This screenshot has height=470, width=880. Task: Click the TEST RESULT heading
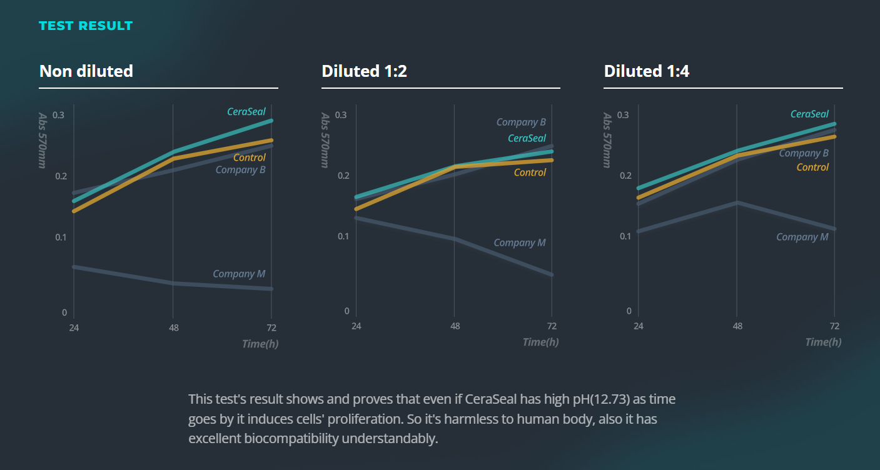[86, 26]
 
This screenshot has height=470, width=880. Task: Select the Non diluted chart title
[86, 71]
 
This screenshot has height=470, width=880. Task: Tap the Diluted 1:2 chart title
[364, 71]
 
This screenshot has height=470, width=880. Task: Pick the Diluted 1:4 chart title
[647, 71]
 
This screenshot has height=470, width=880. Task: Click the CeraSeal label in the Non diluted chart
[246, 112]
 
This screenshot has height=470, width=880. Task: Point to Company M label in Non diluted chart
[239, 274]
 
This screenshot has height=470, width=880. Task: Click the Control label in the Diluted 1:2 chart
[530, 172]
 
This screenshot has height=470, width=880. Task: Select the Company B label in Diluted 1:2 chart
[521, 122]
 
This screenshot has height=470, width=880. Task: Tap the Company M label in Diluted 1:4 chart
[802, 237]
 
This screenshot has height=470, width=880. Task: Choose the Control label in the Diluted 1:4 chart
[812, 167]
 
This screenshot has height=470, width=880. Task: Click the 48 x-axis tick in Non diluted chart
[173, 327]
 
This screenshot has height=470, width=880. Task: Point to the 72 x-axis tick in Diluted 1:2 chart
[552, 326]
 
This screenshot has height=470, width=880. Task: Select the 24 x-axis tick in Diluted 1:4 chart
[638, 326]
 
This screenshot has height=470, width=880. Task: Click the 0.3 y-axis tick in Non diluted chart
[59, 115]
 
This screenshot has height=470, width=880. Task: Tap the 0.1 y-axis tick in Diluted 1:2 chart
[341, 236]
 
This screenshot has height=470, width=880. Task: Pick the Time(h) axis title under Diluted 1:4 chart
[823, 342]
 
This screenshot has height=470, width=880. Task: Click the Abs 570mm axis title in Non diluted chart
[43, 140]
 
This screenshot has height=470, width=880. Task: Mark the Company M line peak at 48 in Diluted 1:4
[737, 202]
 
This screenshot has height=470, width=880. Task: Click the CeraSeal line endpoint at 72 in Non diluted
[271, 120]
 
